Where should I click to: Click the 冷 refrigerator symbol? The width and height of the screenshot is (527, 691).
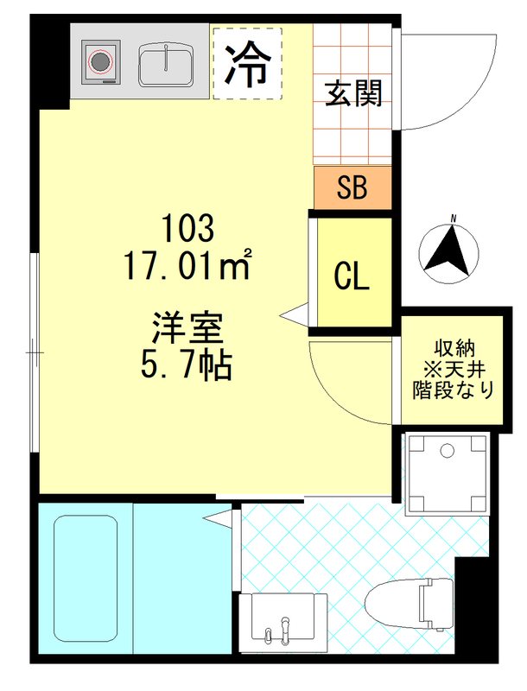247,63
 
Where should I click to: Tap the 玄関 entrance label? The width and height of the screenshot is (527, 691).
353,93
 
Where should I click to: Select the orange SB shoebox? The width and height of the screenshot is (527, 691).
352,188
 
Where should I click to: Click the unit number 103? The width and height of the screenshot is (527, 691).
187,230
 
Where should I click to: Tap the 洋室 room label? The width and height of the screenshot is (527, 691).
187,329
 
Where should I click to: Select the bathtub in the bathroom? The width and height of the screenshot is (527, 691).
86,580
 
